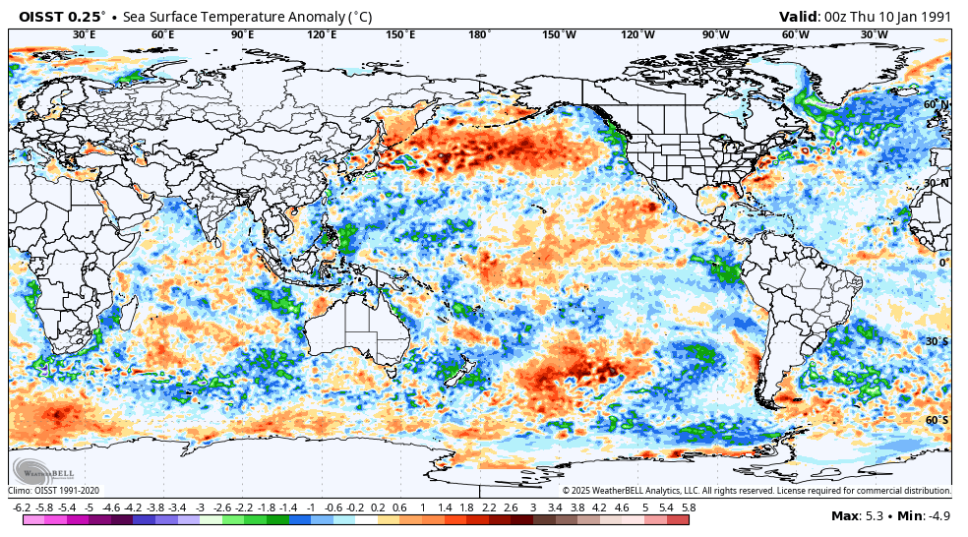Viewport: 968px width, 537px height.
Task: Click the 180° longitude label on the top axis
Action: (x=479, y=34)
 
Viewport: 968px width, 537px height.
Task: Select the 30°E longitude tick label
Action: (x=85, y=34)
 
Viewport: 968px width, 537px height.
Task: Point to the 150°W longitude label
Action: (x=559, y=34)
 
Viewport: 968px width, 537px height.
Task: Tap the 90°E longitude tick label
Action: (x=242, y=34)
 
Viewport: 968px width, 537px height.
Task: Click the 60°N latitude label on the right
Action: (x=936, y=104)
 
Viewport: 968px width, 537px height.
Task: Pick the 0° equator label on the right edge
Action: (x=942, y=262)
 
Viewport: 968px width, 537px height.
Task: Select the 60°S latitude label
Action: (x=936, y=420)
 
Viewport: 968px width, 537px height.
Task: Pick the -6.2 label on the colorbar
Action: (x=22, y=507)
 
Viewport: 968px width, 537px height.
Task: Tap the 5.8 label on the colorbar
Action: (x=688, y=507)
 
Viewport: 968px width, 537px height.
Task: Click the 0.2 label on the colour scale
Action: (x=378, y=507)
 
